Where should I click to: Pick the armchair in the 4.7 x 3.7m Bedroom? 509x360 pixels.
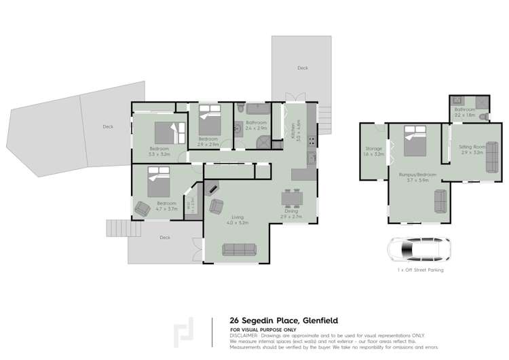pyautogui.click(x=143, y=209)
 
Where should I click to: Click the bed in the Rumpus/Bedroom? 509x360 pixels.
pyautogui.click(x=413, y=141)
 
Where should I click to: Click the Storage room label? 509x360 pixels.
pyautogui.click(x=373, y=148)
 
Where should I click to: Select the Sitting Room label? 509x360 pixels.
pyautogui.click(x=471, y=146)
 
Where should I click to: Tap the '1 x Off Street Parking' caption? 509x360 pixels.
pyautogui.click(x=421, y=270)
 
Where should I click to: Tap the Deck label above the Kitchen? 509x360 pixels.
pyautogui.click(x=302, y=69)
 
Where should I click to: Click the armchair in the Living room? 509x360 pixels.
pyautogui.click(x=217, y=204)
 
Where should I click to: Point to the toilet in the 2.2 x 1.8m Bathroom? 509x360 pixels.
pyautogui.click(x=483, y=117)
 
